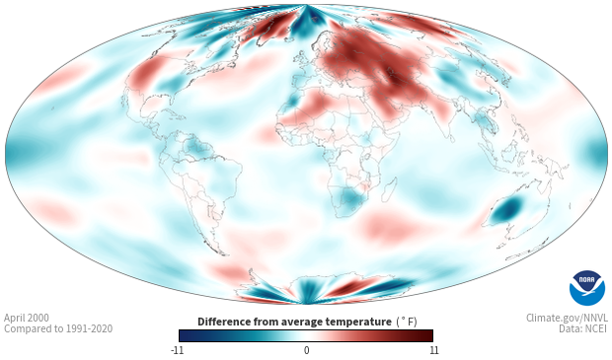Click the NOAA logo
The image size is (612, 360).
tap(587, 288)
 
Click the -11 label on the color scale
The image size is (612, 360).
tap(177, 350)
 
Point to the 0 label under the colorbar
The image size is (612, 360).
tap(306, 350)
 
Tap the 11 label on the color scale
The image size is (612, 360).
tap(433, 350)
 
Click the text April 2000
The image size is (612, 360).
tap(27, 318)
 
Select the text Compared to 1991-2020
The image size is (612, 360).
tap(58, 328)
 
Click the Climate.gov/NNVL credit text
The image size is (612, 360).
tap(567, 318)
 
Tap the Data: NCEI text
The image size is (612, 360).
tap(583, 328)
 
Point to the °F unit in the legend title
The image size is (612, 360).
tap(407, 322)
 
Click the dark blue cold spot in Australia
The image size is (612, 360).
tap(508, 209)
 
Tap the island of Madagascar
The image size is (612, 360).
tap(389, 189)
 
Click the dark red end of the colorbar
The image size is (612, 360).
tap(426, 335)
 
